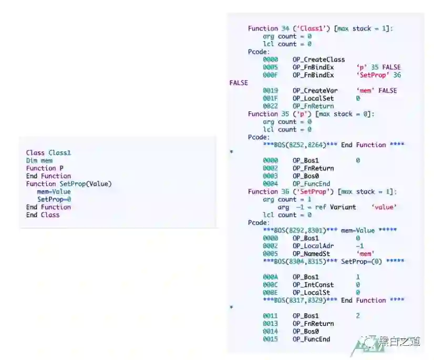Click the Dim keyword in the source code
point(32,160)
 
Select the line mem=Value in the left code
point(54,191)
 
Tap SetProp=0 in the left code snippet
point(54,199)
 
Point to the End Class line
point(43,214)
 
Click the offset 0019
point(270,90)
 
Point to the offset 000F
point(270,75)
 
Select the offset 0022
point(270,106)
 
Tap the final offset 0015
point(270,339)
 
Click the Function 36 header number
point(286,191)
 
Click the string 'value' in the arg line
point(384,207)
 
